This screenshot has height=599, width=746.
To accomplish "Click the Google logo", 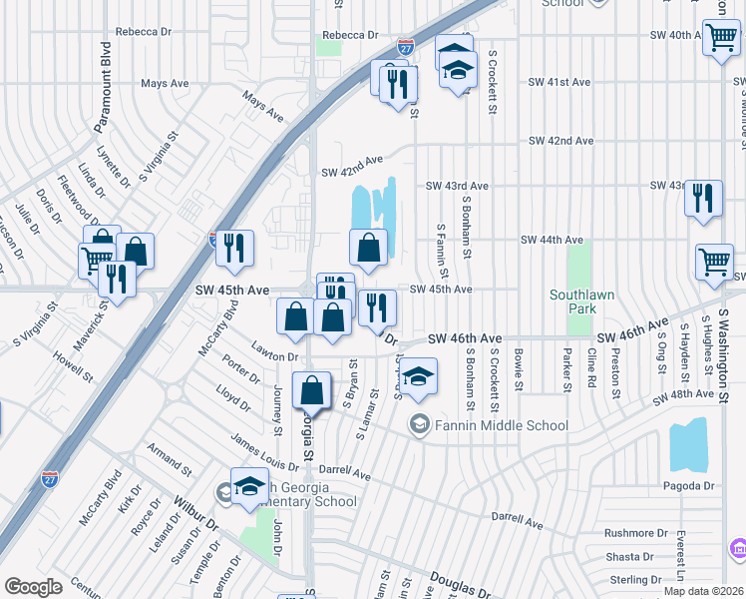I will pyautogui.click(x=33, y=587).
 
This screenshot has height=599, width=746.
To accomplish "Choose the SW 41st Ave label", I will pyautogui.click(x=559, y=82).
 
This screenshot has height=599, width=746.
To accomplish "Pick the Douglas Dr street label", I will pyautogui.click(x=460, y=584).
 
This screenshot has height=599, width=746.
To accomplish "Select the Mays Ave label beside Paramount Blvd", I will pyautogui.click(x=167, y=84).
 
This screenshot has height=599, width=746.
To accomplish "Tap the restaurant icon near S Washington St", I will pyautogui.click(x=704, y=198).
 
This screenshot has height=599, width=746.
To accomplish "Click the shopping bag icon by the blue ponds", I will pyautogui.click(x=369, y=250).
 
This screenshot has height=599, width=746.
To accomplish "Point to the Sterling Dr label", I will pyautogui.click(x=629, y=580).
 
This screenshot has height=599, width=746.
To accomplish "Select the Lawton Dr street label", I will pyautogui.click(x=275, y=356).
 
